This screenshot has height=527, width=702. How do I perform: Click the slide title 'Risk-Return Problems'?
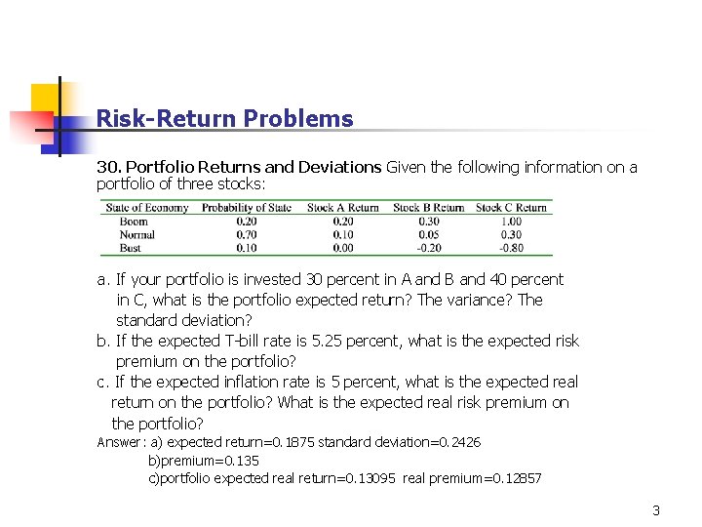point(224,119)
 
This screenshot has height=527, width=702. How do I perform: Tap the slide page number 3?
point(656,510)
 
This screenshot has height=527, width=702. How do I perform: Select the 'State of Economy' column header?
point(146,208)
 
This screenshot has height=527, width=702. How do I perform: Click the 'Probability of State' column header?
point(247,208)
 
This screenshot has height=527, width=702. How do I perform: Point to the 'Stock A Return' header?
point(343,208)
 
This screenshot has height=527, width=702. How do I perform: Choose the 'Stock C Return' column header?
point(511,208)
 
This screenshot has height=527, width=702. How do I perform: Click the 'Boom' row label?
point(134,222)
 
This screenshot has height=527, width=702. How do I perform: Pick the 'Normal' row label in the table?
point(136,234)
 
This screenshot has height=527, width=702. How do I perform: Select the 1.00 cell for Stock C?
point(511,222)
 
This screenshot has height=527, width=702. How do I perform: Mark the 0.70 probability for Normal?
point(247,234)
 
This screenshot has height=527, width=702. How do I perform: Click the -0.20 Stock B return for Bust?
point(427,248)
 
